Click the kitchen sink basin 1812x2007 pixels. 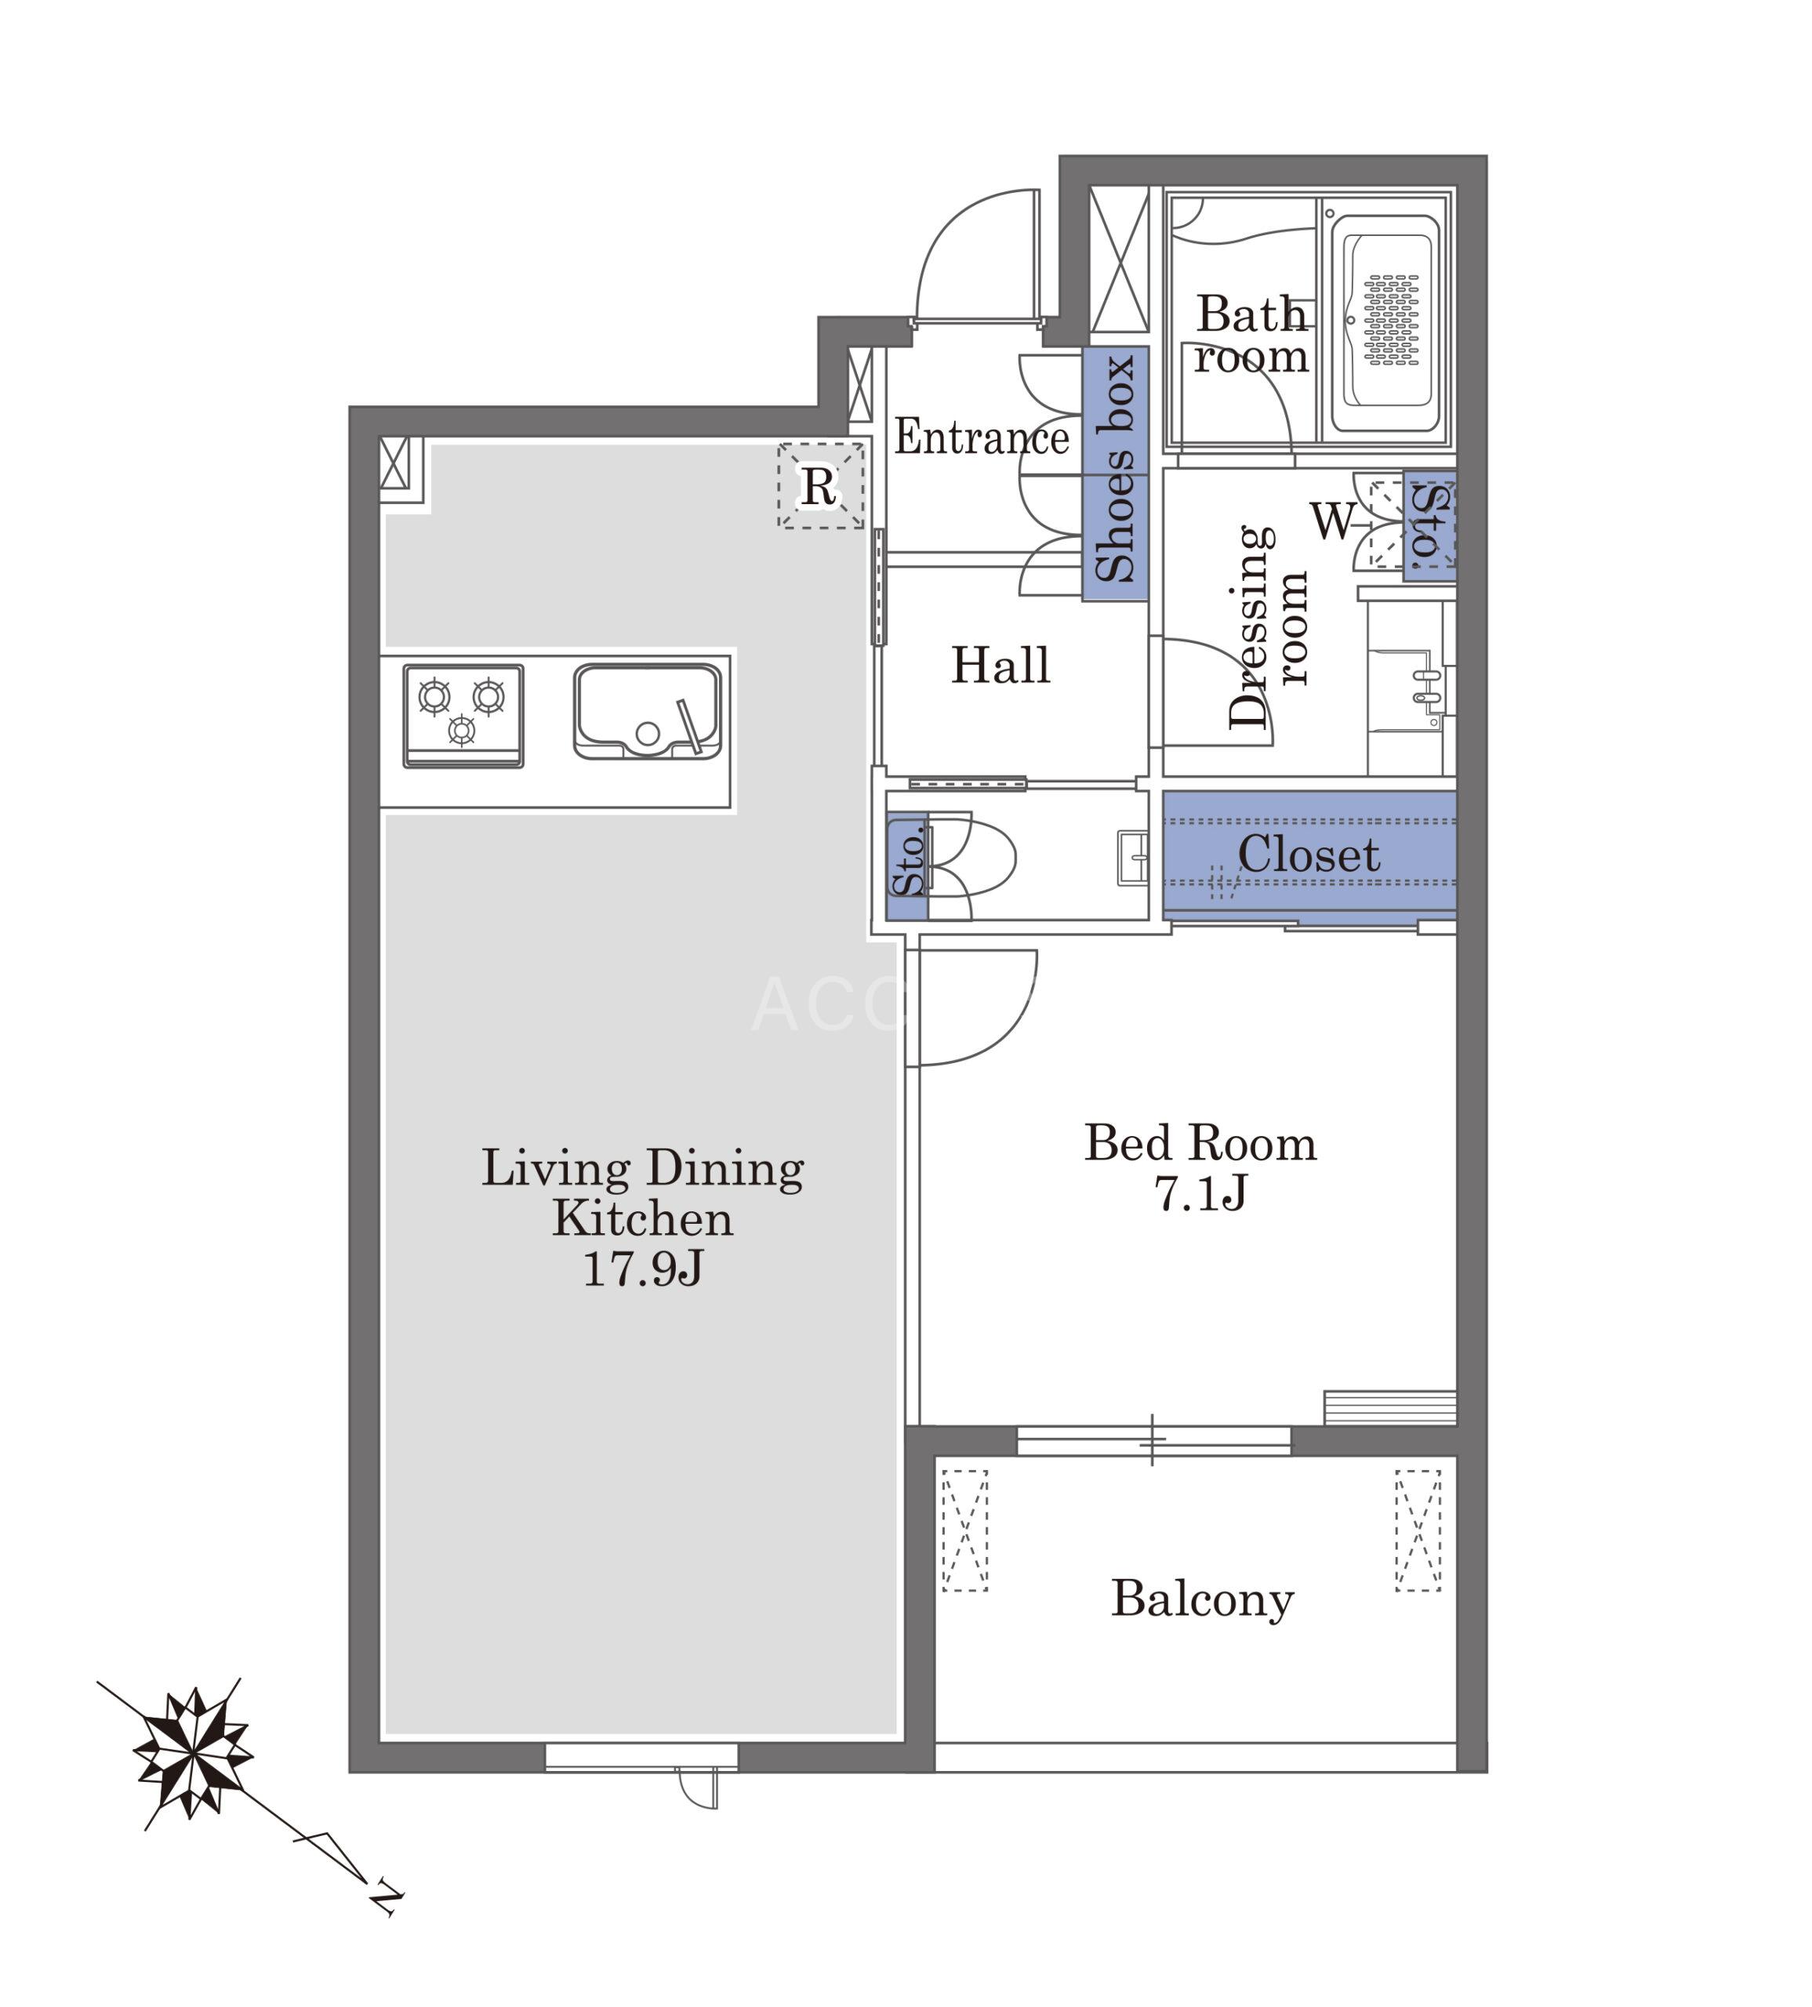pos(647,712)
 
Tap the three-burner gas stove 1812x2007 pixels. pos(463,716)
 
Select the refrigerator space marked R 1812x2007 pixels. pos(819,486)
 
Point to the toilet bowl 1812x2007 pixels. pos(971,855)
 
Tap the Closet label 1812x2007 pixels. pos(1308,855)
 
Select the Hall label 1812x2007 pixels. pos(1000,665)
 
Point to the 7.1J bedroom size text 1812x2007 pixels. pos(1200,1192)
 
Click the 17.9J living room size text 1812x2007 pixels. pos(643,1268)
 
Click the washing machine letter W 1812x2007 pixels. pos(1333,520)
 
